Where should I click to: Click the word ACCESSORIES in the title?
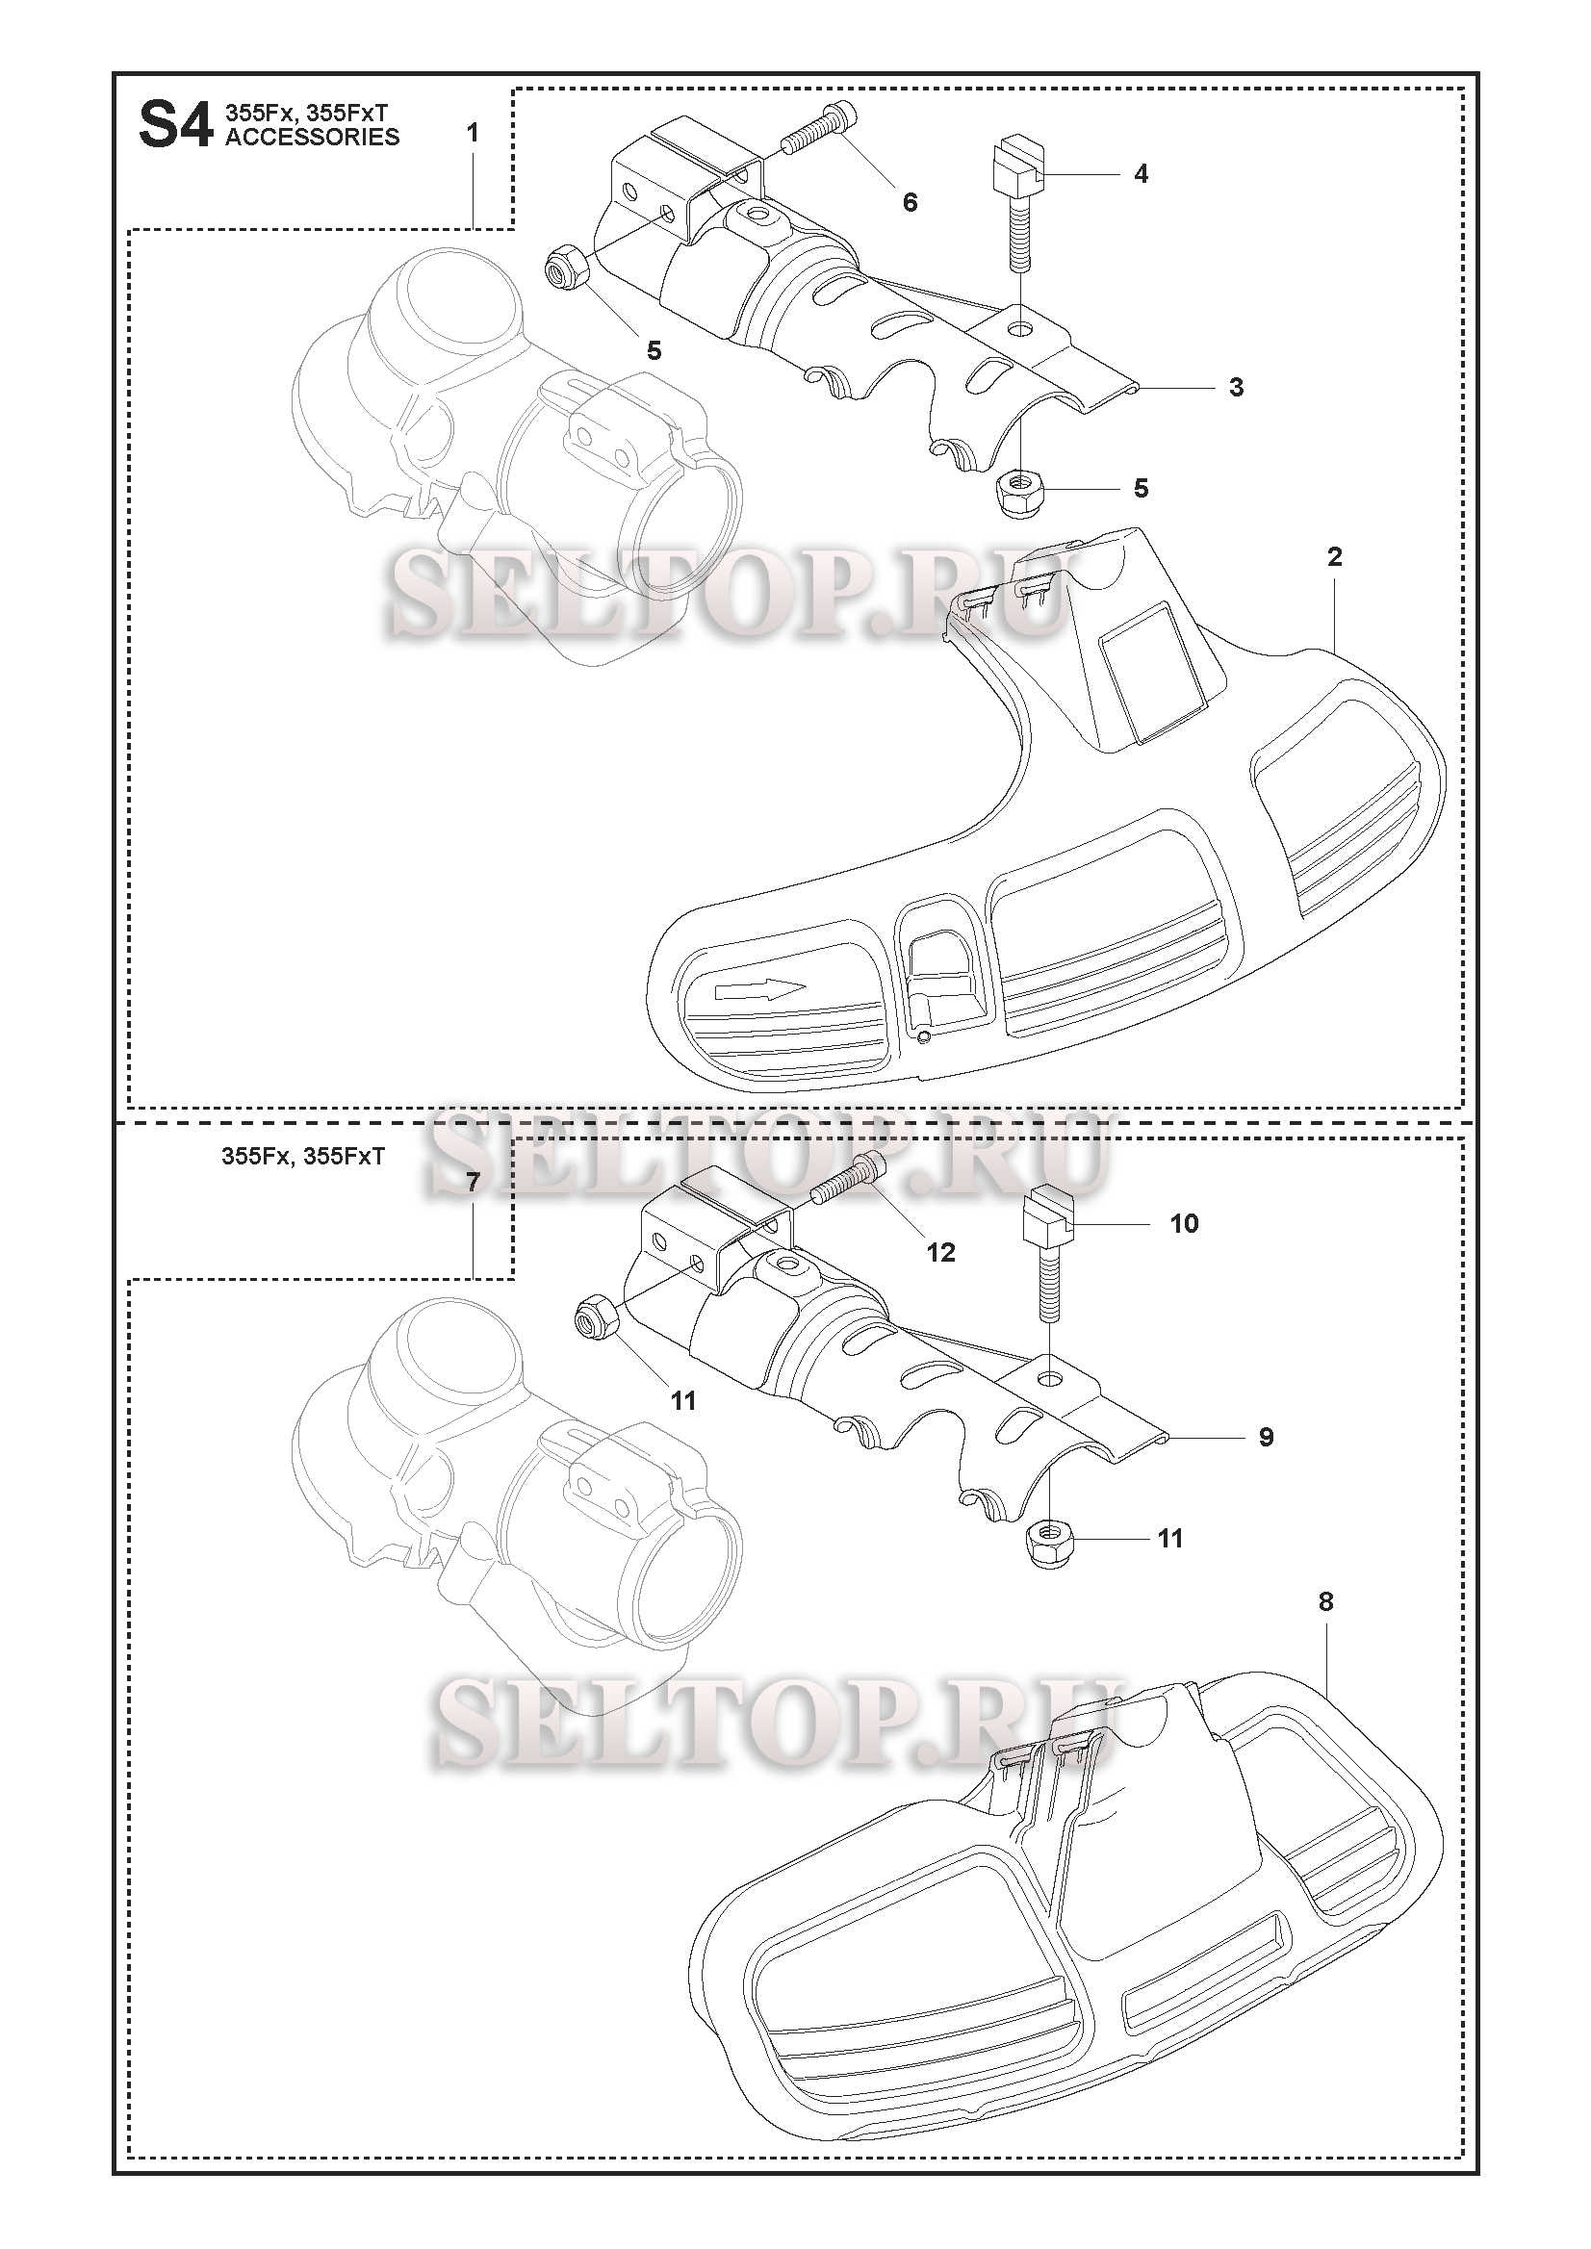(313, 137)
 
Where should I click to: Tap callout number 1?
(473, 132)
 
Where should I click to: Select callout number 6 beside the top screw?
(911, 202)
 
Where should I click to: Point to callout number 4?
(1141, 174)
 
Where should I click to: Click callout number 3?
(1237, 388)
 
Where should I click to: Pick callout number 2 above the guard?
(1334, 557)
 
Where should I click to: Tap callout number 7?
(473, 1183)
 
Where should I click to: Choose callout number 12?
(940, 1252)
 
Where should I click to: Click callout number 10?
(1185, 1223)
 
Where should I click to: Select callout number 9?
(1266, 1437)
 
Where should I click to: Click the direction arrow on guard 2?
(761, 989)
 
